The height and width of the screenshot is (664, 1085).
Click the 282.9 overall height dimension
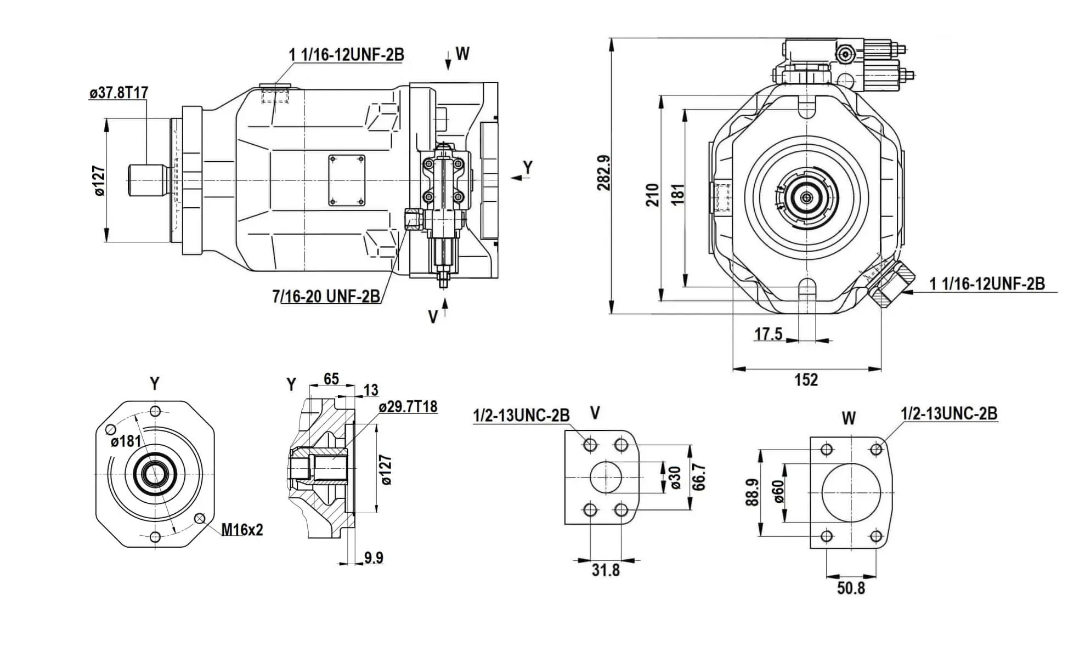(x=604, y=173)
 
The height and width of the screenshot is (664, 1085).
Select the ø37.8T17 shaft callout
(x=118, y=93)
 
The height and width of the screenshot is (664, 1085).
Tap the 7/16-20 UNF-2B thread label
(x=326, y=297)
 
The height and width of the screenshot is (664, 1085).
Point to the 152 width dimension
(x=806, y=379)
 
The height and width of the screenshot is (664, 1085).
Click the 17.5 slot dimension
(x=768, y=333)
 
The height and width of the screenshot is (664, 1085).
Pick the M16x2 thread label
(x=242, y=530)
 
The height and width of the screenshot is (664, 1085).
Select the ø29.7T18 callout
(x=408, y=407)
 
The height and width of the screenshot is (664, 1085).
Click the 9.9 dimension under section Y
(x=374, y=558)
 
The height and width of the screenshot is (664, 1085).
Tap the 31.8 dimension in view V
(x=606, y=570)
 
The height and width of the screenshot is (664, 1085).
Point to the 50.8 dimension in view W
(x=851, y=588)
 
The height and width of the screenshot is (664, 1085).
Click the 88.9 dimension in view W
(x=753, y=492)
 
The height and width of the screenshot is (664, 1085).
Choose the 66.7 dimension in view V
(x=699, y=477)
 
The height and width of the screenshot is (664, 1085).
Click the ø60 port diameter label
(x=778, y=492)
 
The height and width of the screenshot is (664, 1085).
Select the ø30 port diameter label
(x=675, y=478)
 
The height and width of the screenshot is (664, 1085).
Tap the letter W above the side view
(x=462, y=54)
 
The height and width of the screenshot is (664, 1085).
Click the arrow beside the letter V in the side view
(x=446, y=308)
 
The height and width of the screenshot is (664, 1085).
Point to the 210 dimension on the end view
(x=652, y=195)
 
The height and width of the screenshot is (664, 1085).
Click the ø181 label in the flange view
(x=126, y=441)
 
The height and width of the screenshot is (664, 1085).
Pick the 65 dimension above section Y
(x=331, y=379)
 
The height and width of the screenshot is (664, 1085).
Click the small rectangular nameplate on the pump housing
(x=347, y=180)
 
